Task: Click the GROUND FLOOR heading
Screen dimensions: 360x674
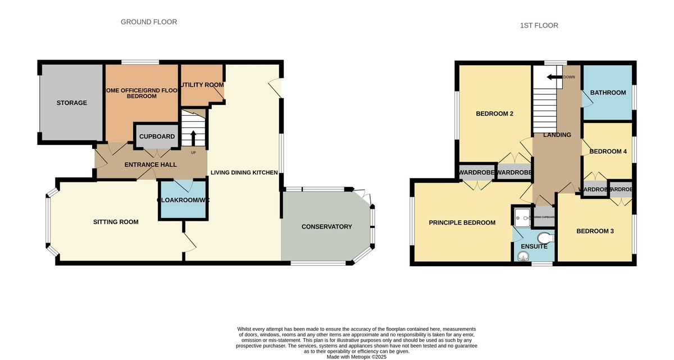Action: pyautogui.click(x=149, y=22)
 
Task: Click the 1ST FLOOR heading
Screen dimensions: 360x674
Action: pyautogui.click(x=539, y=25)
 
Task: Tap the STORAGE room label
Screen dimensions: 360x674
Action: pyautogui.click(x=71, y=103)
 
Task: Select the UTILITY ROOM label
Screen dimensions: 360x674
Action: pyautogui.click(x=202, y=85)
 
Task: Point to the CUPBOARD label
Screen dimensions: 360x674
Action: pyautogui.click(x=157, y=136)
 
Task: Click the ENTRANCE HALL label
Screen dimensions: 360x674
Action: pyautogui.click(x=150, y=165)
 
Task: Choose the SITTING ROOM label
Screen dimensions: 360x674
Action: pyautogui.click(x=116, y=222)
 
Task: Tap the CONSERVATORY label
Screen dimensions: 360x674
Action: pyautogui.click(x=326, y=227)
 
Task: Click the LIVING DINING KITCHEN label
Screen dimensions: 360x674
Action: pyautogui.click(x=244, y=172)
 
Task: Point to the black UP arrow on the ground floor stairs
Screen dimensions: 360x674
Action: pyautogui.click(x=193, y=138)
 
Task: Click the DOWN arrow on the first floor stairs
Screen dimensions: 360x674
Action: pyautogui.click(x=555, y=77)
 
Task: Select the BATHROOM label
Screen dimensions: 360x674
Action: pyautogui.click(x=607, y=93)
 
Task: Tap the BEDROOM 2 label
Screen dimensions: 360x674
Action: pyautogui.click(x=495, y=114)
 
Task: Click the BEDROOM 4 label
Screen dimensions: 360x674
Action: pyautogui.click(x=608, y=152)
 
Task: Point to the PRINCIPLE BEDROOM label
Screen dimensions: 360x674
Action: pyautogui.click(x=462, y=222)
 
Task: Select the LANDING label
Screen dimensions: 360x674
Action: pyautogui.click(x=557, y=135)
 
